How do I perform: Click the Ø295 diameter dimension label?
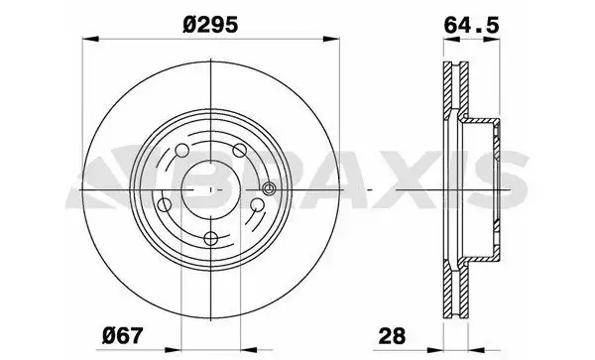[x=210, y=25]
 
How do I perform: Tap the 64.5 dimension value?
[x=471, y=26]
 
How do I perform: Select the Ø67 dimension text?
[x=123, y=336]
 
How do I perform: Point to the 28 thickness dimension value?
[x=392, y=336]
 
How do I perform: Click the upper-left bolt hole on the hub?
[x=182, y=150]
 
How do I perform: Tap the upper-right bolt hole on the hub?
[x=239, y=150]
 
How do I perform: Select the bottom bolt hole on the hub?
[x=210, y=239]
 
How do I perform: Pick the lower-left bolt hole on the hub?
[x=165, y=205]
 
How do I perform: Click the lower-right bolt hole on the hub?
[x=257, y=205]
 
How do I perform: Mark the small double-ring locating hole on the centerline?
[x=269, y=188]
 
